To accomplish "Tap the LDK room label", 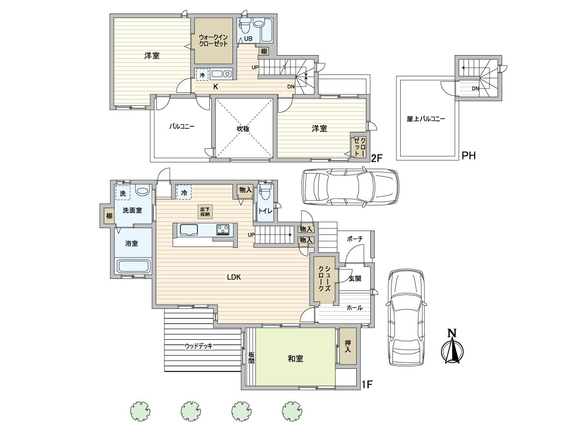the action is (234, 277).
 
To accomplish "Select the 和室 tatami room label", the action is (295, 359).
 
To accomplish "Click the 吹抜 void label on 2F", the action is (243, 129).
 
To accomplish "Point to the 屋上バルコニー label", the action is (426, 119).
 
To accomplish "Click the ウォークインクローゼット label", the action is (213, 41).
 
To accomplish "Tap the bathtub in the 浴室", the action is (133, 266).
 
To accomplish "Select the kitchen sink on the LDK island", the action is (189, 230).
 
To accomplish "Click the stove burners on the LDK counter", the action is (223, 229).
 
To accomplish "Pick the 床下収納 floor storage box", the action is (205, 212).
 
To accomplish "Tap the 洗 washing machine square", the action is (123, 193).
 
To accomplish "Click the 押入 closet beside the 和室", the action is (348, 346).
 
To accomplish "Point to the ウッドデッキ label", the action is (199, 346).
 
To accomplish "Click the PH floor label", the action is (468, 156).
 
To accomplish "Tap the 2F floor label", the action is (377, 158).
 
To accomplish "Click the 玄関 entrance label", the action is (355, 278).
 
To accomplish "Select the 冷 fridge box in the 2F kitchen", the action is (202, 74).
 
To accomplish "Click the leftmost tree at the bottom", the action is (140, 411).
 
